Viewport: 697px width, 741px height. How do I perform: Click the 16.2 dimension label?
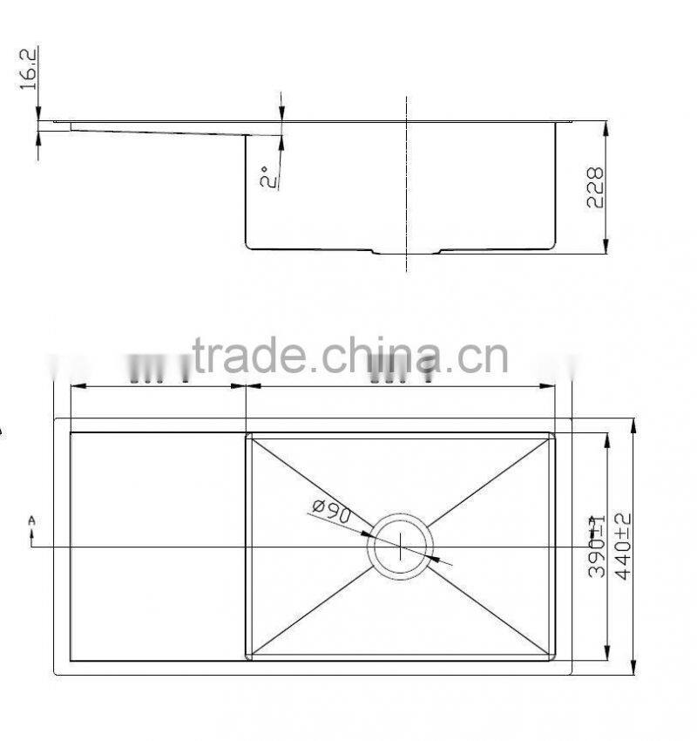point(29,70)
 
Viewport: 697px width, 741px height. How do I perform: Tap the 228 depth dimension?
point(595,187)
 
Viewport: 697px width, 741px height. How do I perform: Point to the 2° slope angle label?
point(269,178)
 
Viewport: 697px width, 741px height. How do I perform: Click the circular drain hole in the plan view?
point(400,547)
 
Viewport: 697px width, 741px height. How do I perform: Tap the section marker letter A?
point(32,520)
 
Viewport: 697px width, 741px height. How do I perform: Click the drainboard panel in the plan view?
point(157,546)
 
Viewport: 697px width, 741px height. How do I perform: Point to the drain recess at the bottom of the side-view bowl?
point(407,252)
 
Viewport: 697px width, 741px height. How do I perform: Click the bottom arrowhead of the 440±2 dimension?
point(633,668)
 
